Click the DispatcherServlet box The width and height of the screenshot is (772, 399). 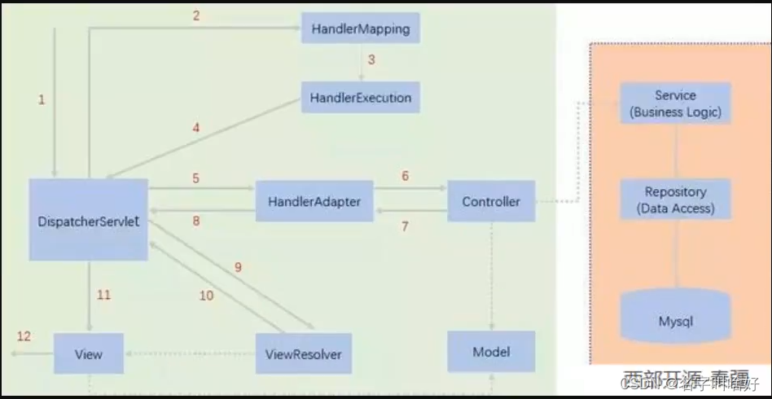point(89,220)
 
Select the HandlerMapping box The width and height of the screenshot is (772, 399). point(361,29)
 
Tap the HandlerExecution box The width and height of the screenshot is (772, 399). point(361,98)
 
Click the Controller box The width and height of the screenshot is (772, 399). point(491,201)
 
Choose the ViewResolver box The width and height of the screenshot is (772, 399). point(304,354)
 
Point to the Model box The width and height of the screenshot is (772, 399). point(491,352)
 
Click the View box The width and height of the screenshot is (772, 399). point(88,354)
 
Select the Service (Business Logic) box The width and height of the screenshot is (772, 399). point(675,103)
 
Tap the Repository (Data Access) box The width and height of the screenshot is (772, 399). point(675,200)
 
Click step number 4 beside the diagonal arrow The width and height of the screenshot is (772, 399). point(195,127)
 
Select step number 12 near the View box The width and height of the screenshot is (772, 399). point(24,336)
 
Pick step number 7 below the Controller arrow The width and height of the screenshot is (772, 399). point(405,226)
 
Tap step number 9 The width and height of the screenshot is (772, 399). point(238,267)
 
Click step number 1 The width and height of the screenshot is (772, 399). point(42,99)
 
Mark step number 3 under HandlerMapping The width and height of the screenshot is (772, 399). point(371,59)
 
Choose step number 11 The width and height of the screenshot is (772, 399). point(103,295)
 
